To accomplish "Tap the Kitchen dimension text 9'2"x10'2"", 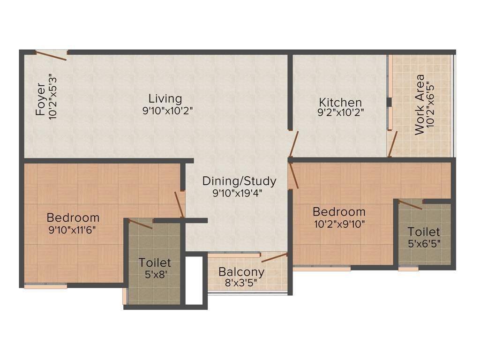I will [x=341, y=112].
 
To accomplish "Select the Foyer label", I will [x=41, y=100].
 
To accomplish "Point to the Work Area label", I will [x=420, y=105].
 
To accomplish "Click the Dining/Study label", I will [x=239, y=181].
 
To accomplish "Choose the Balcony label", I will [x=241, y=272].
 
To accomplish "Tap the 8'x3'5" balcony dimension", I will [x=241, y=283].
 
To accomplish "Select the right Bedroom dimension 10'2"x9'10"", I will [x=339, y=223].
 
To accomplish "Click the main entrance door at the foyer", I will [x=51, y=55].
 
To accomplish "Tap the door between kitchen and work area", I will [x=393, y=144].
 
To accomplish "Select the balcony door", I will [x=274, y=257].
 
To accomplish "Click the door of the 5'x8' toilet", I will [x=140, y=224].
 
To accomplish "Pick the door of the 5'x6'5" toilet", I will [x=410, y=204].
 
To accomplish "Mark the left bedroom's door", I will [x=179, y=204].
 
